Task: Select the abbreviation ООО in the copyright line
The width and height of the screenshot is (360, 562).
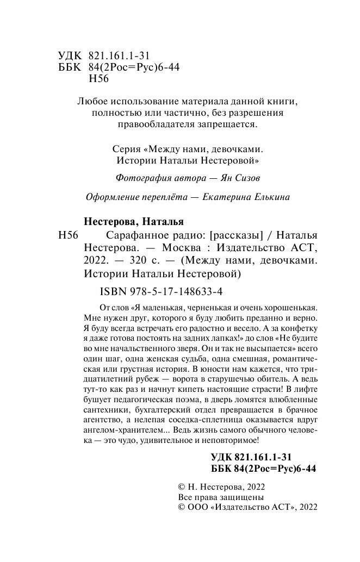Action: [197, 507]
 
